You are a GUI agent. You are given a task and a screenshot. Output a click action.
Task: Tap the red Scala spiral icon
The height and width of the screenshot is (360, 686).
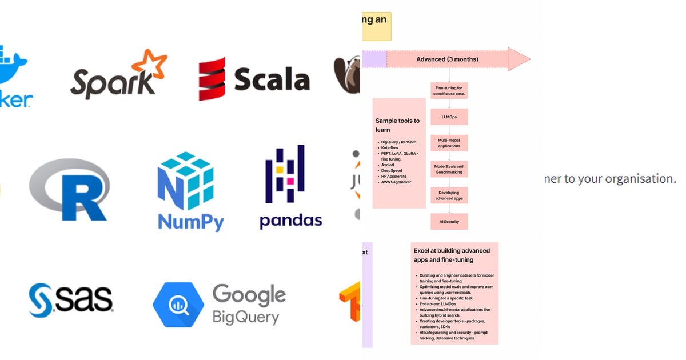tap(212, 79)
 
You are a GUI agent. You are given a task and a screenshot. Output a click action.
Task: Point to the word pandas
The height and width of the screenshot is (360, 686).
tap(290, 220)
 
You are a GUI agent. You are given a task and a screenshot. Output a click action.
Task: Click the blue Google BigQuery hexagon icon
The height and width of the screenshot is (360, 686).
tap(178, 305)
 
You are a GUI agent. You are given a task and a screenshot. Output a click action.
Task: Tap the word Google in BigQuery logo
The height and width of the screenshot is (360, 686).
tap(249, 295)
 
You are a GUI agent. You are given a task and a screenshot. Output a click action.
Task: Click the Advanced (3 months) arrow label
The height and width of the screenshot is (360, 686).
tap(447, 59)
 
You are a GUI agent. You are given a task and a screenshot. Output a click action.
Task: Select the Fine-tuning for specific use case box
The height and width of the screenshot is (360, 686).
tap(449, 90)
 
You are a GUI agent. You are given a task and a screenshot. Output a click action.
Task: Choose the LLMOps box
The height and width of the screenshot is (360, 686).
tap(449, 117)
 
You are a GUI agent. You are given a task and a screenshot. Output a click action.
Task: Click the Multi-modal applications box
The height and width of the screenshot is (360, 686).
tap(449, 143)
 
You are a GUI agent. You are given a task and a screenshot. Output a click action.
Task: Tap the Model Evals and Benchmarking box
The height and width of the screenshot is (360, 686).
tap(449, 169)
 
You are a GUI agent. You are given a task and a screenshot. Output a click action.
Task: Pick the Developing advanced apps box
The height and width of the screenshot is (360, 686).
tap(449, 195)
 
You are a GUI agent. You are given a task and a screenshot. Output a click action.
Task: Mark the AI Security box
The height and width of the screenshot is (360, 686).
tap(449, 222)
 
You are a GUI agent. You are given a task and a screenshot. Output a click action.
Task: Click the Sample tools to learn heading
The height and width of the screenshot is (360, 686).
tap(397, 125)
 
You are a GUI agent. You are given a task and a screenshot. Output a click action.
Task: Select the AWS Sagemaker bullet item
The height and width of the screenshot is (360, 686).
tap(396, 182)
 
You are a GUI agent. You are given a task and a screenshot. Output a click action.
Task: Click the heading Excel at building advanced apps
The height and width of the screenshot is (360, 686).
tap(452, 255)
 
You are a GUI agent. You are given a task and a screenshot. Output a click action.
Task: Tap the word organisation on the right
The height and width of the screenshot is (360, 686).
tap(642, 179)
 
